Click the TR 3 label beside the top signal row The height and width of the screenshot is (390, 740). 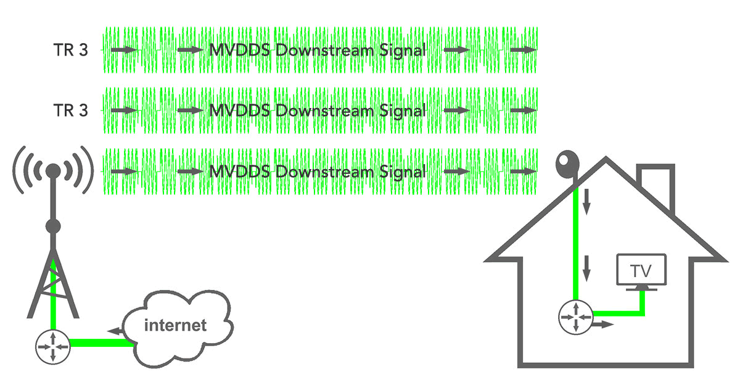point(70,50)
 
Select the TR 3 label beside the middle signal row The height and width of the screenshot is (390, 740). point(70,111)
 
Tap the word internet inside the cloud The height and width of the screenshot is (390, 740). point(175,325)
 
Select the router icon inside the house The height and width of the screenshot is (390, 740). point(575,317)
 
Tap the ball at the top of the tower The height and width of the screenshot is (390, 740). point(53,170)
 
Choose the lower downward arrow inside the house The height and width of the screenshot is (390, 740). point(587,265)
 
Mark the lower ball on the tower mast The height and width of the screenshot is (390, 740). point(53,226)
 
